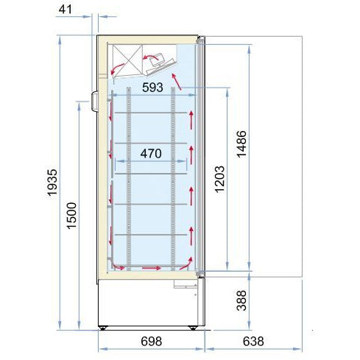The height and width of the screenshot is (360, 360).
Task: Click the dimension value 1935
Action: tap(52, 183)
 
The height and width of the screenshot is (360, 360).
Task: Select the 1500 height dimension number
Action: tap(71, 216)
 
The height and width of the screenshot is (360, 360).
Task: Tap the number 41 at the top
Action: tap(66, 10)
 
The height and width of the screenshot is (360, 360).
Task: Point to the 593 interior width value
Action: tap(152, 88)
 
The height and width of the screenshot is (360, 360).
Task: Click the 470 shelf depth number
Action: tap(151, 154)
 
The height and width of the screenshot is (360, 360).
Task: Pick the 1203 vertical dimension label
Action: tap(219, 180)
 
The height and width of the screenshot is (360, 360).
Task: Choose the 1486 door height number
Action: tap(241, 144)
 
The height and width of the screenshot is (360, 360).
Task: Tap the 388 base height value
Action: tap(241, 300)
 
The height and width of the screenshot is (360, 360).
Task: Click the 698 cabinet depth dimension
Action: tap(152, 341)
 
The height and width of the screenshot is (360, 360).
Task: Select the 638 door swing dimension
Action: tap(253, 341)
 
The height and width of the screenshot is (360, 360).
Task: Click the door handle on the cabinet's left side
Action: tap(95, 101)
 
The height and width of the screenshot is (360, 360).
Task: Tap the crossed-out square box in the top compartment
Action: tap(127, 60)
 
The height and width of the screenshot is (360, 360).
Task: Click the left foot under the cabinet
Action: tap(102, 328)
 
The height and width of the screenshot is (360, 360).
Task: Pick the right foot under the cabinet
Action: tap(193, 328)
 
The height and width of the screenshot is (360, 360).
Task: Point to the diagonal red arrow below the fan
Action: tap(177, 82)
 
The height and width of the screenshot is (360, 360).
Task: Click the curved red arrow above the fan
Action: tap(150, 57)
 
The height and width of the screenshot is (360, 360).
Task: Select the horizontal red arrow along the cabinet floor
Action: tap(152, 268)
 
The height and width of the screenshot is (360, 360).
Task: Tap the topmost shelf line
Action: tap(151, 113)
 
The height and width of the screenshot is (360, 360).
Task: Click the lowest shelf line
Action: tap(151, 235)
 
